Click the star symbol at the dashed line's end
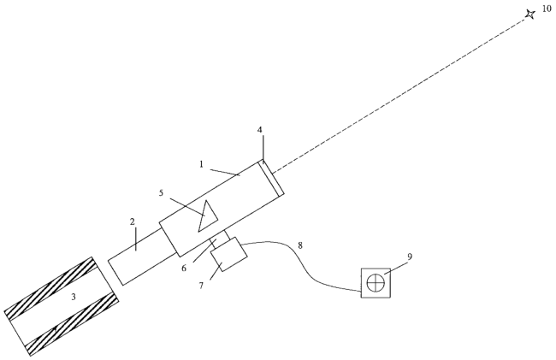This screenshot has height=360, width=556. pos(530,15)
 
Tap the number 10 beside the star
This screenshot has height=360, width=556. pos(547,9)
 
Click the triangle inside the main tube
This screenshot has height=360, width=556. pos(208,215)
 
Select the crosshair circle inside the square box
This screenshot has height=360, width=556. pos(376,283)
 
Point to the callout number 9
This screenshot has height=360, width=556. pos(410,257)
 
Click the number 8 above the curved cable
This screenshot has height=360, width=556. pos(300,245)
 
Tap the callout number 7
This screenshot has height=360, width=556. pos(201,286)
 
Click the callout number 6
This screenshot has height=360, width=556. pos(184,269)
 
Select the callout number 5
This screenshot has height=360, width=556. pos(162,193)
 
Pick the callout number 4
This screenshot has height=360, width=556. pos(260,130)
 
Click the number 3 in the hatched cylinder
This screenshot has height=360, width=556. pos(74,297)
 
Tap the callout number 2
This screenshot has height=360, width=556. pos(133,221)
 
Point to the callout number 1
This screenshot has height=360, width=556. pos(201,164)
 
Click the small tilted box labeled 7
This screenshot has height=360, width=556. pos(228,255)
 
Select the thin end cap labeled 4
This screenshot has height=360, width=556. pos(272,178)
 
